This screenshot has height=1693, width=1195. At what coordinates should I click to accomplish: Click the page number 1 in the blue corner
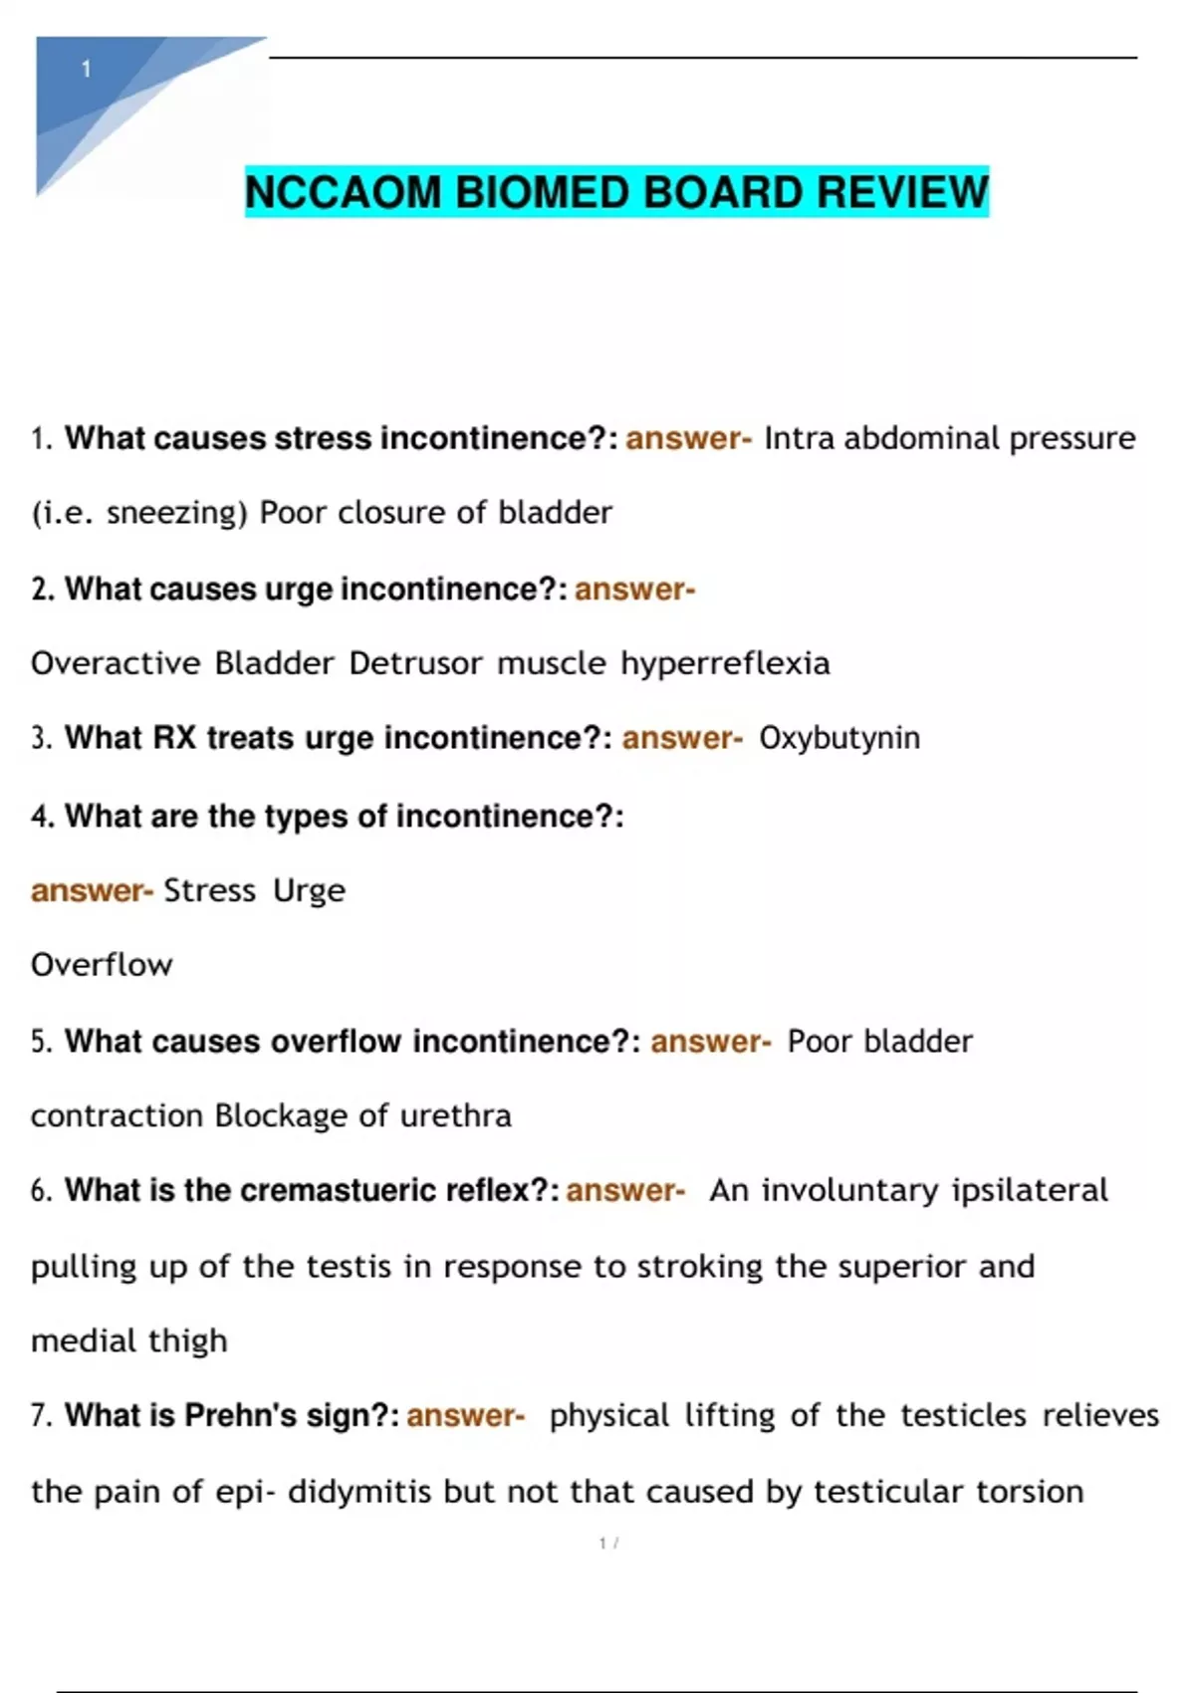click(x=87, y=69)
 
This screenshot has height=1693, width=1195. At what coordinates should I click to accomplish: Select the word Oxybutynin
click(x=839, y=739)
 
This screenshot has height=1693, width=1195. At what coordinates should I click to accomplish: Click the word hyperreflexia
click(x=725, y=663)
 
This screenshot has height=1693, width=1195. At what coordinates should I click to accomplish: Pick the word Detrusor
click(x=415, y=663)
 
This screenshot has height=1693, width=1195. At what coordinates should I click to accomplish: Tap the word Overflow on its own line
click(x=102, y=964)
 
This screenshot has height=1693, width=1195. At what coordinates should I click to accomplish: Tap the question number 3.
click(x=40, y=739)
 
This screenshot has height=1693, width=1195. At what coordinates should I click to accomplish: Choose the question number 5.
click(x=40, y=1042)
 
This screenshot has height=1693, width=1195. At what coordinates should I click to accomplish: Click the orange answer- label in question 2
click(x=634, y=590)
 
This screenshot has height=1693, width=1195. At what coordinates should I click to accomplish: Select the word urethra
click(x=455, y=1115)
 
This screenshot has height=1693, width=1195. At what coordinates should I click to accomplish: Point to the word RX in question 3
click(x=174, y=738)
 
